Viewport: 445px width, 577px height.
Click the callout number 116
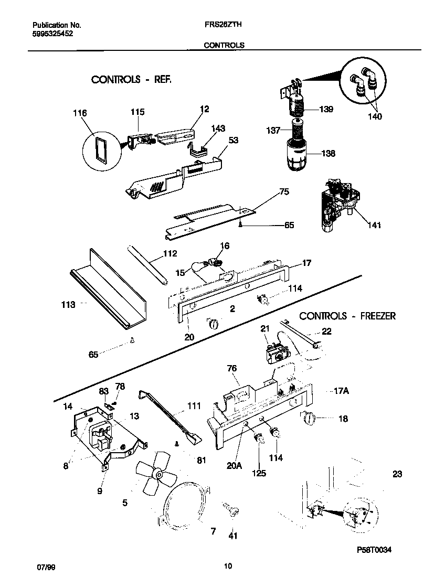click(x=80, y=113)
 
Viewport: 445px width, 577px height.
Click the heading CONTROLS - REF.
click(x=131, y=80)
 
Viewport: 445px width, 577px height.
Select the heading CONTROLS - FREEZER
click(x=347, y=316)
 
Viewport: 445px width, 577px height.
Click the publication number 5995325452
click(x=52, y=33)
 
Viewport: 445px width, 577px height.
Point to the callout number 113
click(x=68, y=304)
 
